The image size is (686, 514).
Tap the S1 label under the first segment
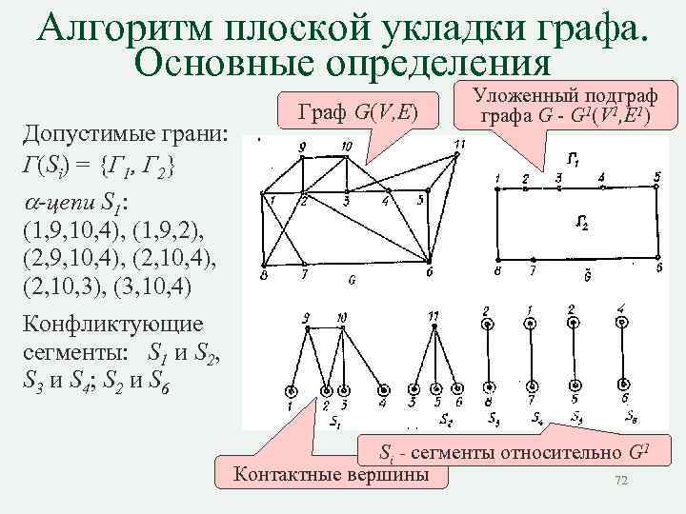[x=333, y=420]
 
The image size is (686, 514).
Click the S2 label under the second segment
[x=446, y=419]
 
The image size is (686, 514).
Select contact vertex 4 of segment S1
[x=383, y=391]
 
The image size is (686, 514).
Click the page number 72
[x=621, y=482]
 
